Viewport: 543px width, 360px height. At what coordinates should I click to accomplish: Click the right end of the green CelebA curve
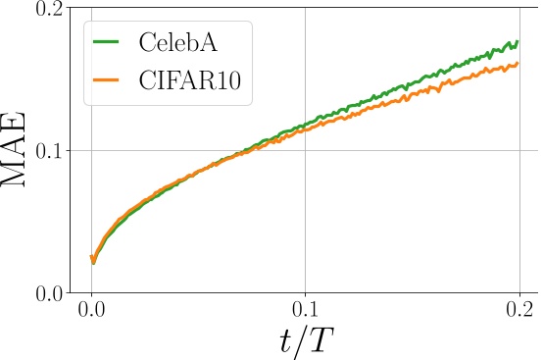pos(517,42)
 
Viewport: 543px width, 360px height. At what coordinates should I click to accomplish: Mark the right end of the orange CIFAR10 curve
pos(517,65)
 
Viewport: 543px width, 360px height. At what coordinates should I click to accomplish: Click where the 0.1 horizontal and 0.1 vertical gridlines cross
pos(305,151)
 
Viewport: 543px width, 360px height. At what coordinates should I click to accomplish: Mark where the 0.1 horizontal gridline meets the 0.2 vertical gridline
pos(518,151)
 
